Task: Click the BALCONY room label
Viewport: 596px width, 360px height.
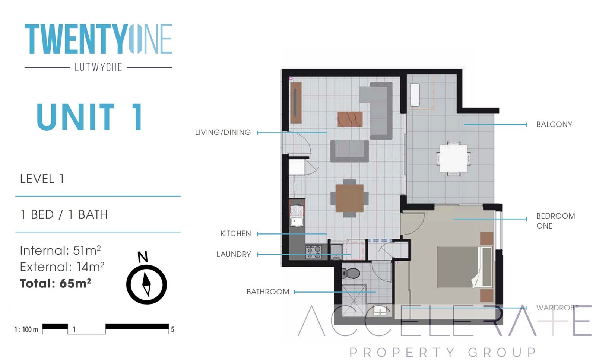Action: [554, 124]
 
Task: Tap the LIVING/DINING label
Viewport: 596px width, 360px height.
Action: [223, 133]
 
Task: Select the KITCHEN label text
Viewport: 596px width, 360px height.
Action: [236, 234]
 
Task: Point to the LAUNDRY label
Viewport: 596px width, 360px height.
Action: [234, 254]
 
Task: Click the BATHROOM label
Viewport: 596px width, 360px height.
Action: [268, 292]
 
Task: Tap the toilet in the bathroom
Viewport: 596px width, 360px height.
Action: [351, 273]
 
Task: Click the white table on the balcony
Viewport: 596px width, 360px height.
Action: [453, 159]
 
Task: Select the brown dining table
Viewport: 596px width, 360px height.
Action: [349, 198]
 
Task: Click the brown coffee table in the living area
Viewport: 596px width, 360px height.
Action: [350, 120]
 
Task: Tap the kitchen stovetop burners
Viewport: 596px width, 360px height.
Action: [314, 252]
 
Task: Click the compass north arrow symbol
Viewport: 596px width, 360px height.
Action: [146, 284]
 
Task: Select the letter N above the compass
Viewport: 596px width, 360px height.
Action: [143, 257]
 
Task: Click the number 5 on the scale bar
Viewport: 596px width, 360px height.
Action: [172, 330]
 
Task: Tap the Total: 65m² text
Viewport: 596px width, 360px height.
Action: [56, 283]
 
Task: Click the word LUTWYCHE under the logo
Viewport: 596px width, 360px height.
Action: [98, 67]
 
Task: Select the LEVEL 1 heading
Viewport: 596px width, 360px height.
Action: [42, 179]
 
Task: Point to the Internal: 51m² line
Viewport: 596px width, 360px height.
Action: [60, 251]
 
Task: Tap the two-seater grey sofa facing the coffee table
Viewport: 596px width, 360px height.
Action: [349, 151]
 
